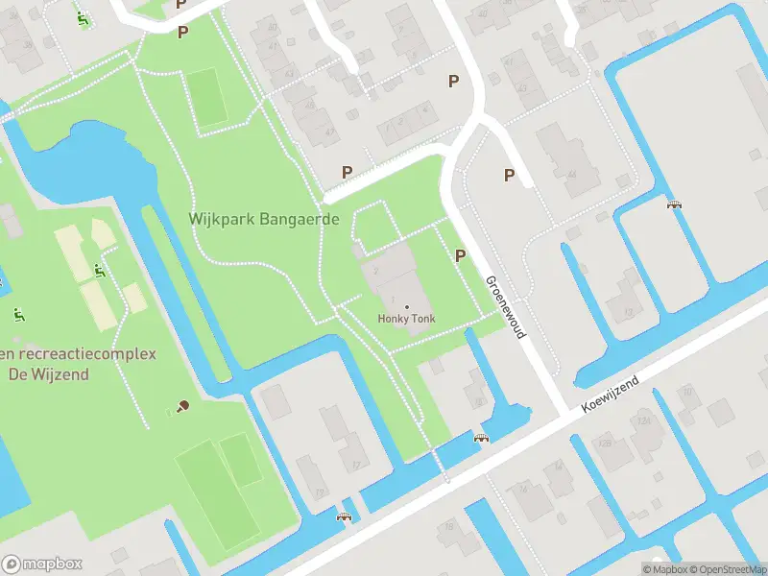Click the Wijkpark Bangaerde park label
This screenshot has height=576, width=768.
pyautogui.click(x=264, y=219)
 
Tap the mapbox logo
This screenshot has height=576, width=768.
pyautogui.click(x=42, y=564)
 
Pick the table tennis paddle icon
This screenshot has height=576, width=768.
pyautogui.click(x=182, y=405)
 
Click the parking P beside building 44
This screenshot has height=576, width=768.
pyautogui.click(x=509, y=175)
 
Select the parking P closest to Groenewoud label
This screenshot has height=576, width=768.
pyautogui.click(x=460, y=256)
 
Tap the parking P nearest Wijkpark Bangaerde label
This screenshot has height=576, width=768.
pyautogui.click(x=347, y=173)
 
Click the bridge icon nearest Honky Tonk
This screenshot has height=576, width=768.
pyautogui.click(x=482, y=438)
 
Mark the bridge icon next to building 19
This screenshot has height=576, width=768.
pyautogui.click(x=343, y=517)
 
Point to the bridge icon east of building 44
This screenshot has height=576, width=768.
pyautogui.click(x=674, y=203)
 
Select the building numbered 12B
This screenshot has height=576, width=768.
pyautogui.click(x=605, y=443)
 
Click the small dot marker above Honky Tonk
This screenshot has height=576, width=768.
pyautogui.click(x=406, y=306)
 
